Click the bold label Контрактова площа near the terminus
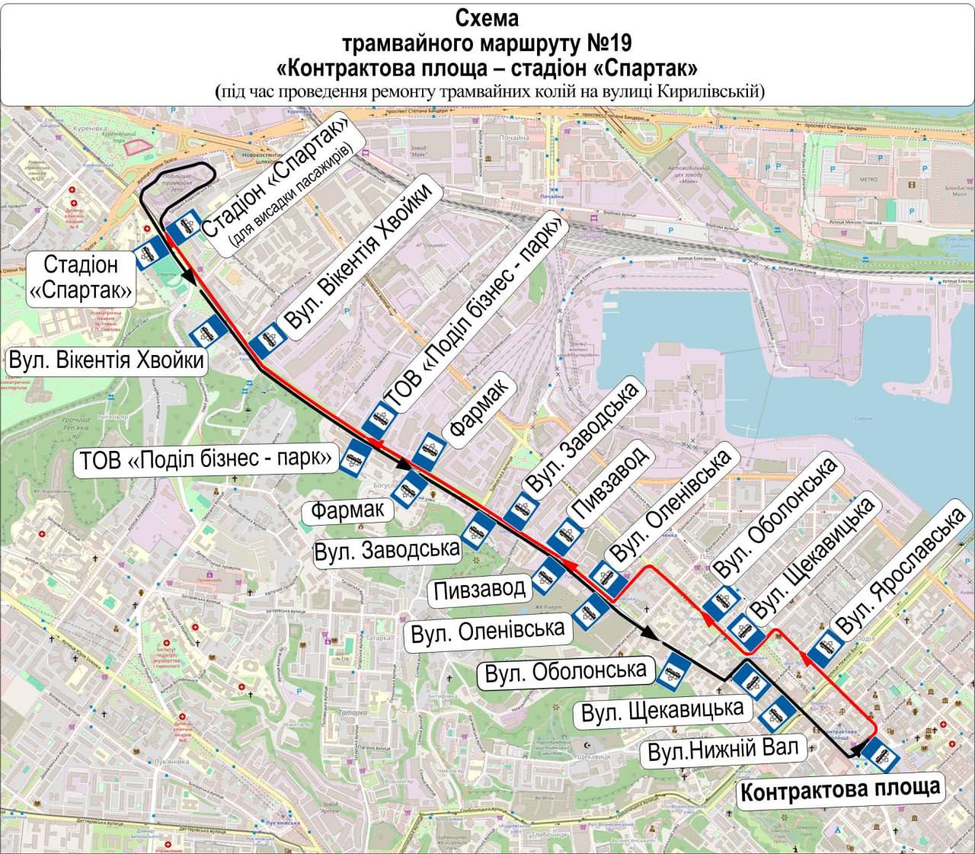pos(839,789)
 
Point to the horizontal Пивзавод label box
pos(481,588)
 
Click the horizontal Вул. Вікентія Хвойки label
pos(107,360)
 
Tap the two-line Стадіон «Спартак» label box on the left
pos(81,278)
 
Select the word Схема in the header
pos(487,16)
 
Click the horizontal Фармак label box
pos(351,510)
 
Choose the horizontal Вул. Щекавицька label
pos(662,711)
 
